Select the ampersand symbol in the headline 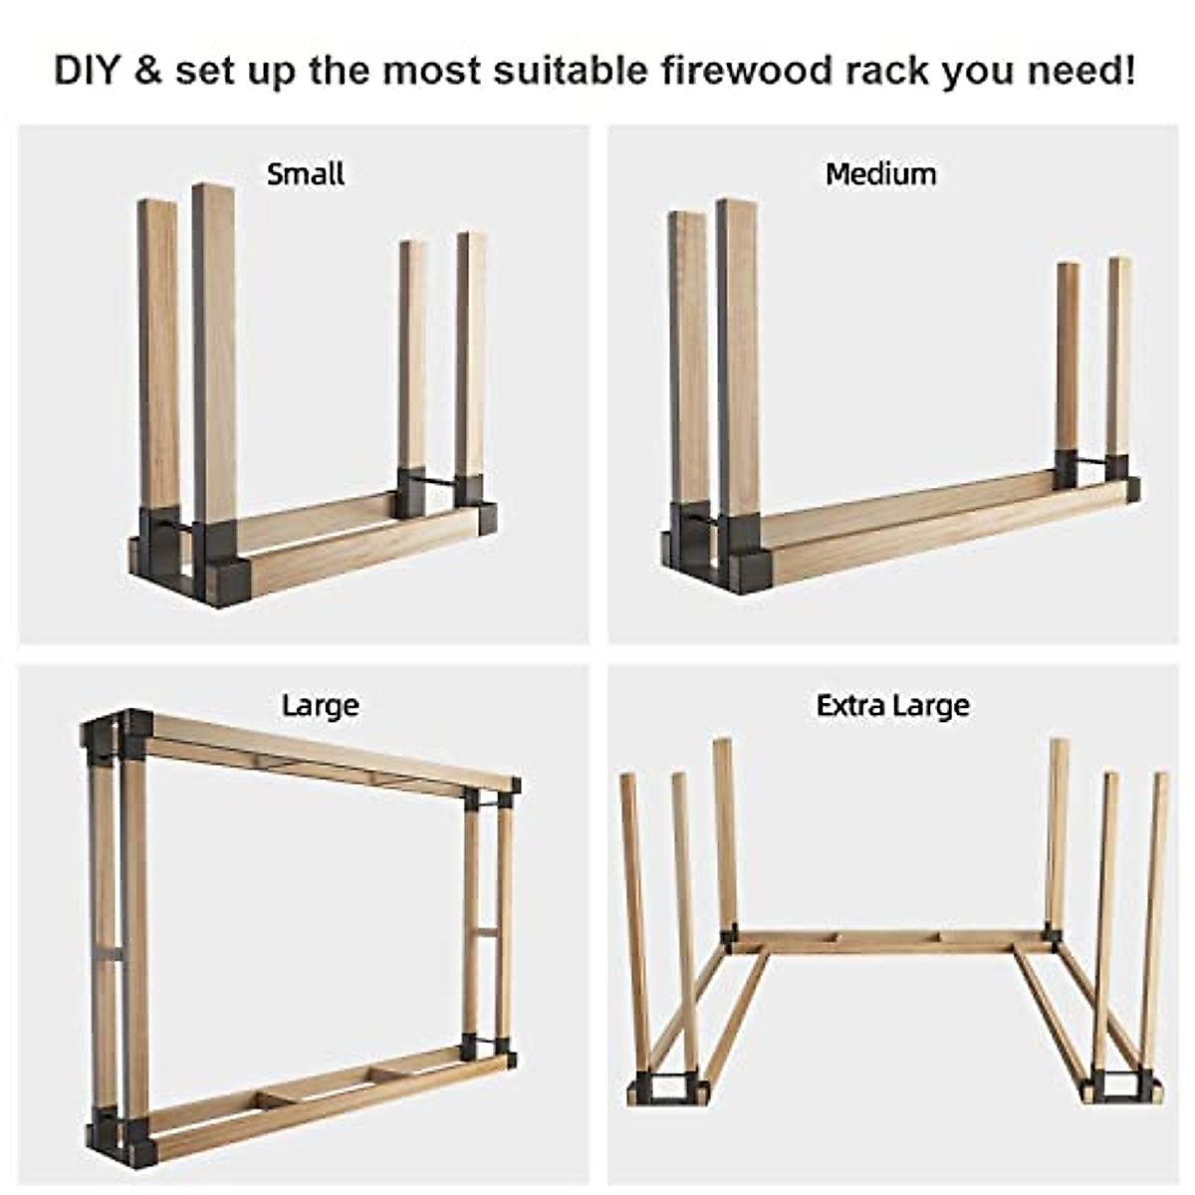coord(146,72)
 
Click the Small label coord(306,174)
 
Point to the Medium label coord(881,174)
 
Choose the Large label coord(320,705)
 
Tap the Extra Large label coord(892,705)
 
